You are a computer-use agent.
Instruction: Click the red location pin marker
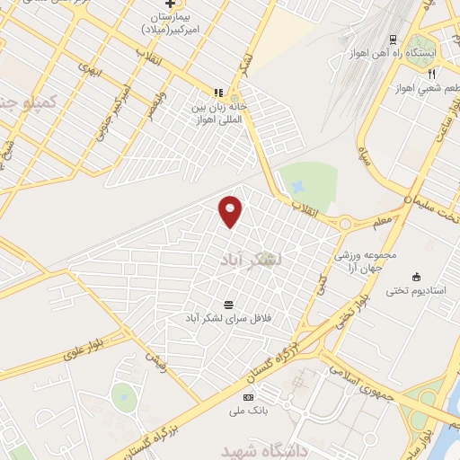pos(231,210)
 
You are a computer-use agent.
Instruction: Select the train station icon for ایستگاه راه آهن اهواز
pos(393,39)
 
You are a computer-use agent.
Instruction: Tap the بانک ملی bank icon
pos(249,397)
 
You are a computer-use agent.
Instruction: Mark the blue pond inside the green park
pos(298,186)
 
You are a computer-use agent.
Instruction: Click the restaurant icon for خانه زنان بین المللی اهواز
pos(217,92)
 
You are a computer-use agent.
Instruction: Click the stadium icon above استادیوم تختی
pos(415,276)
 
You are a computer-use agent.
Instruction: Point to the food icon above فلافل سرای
pos(228,304)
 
